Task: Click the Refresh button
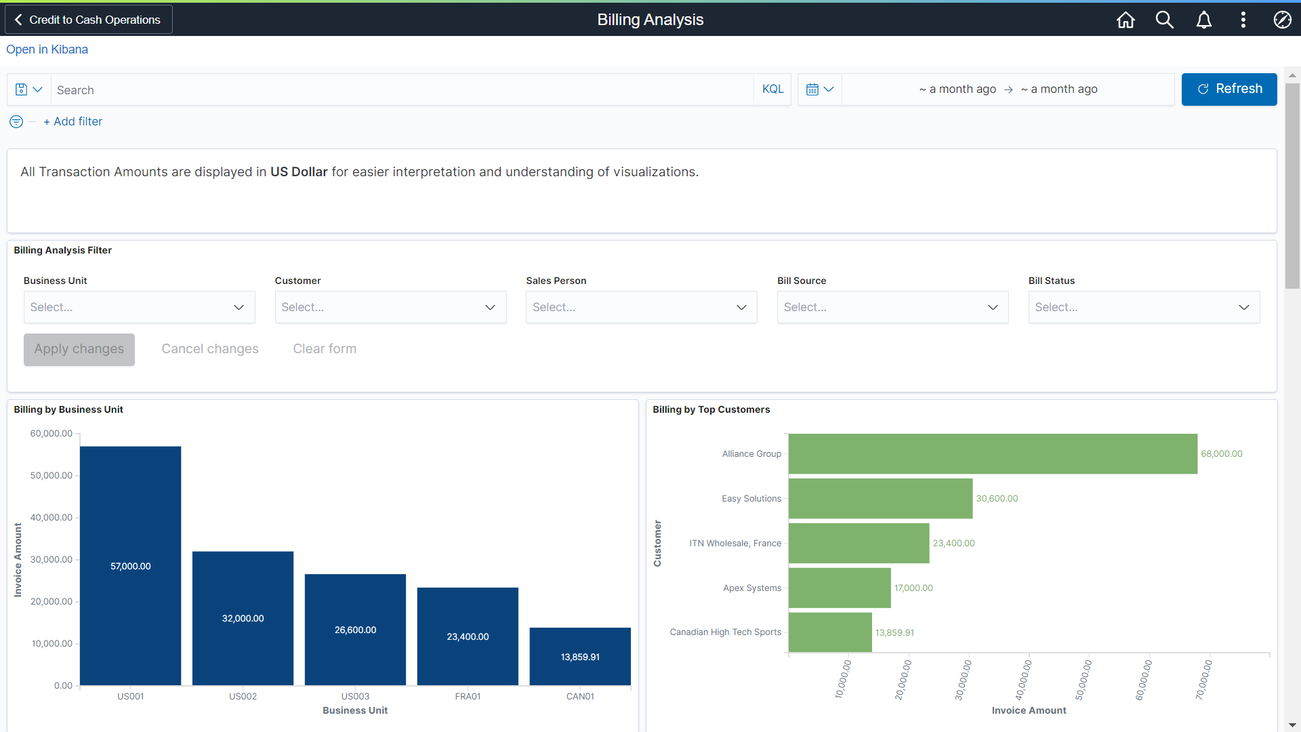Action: (x=1228, y=89)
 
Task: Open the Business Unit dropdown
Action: (x=139, y=307)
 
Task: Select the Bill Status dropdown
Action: (x=1143, y=307)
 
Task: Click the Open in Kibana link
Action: (x=47, y=49)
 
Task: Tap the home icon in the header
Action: (x=1126, y=20)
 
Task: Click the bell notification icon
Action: (x=1203, y=20)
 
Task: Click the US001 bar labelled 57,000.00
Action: (x=130, y=565)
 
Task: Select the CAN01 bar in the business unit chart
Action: (x=580, y=656)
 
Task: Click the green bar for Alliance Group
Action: (x=992, y=453)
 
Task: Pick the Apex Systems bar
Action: (x=839, y=588)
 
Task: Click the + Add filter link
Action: (x=73, y=121)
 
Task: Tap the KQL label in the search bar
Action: (x=772, y=89)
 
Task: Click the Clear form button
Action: (x=325, y=349)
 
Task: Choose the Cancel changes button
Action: (x=210, y=349)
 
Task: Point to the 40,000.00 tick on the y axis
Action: (x=51, y=517)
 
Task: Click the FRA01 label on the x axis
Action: (x=468, y=696)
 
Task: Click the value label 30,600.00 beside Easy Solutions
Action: (x=997, y=498)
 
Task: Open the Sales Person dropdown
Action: (x=641, y=307)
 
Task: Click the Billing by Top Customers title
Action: (x=711, y=409)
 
